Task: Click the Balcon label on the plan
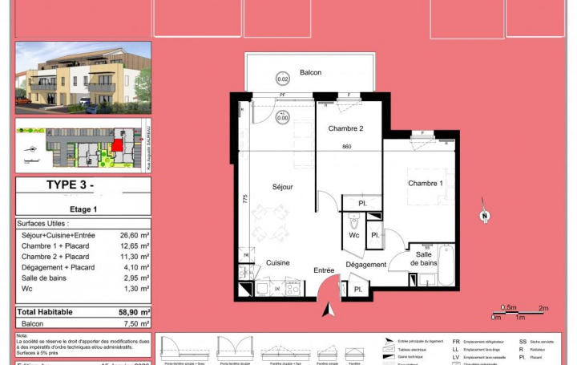(310, 73)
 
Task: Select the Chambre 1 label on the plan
(426, 184)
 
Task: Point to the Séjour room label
(282, 187)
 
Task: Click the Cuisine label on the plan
(277, 262)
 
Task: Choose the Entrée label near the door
(324, 270)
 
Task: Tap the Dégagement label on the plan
(366, 264)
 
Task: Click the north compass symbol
(483, 215)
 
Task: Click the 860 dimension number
(347, 147)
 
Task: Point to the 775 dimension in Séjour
(244, 199)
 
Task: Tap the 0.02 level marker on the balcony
(282, 79)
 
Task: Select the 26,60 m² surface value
(135, 235)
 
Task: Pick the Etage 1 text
(83, 209)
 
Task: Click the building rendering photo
(83, 77)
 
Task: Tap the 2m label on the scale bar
(543, 308)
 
